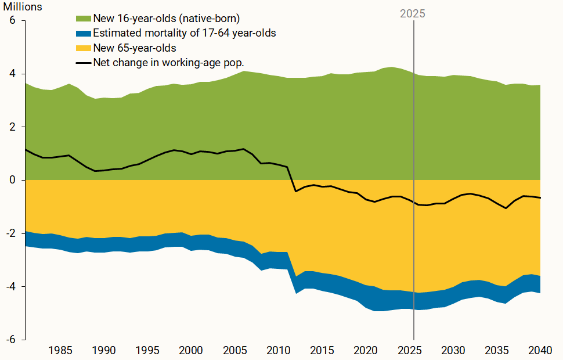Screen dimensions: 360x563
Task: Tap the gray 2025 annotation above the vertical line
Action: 413,14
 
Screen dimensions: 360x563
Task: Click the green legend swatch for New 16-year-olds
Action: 84,19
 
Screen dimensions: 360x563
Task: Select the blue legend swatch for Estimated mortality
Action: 84,33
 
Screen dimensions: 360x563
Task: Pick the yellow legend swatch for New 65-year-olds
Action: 84,48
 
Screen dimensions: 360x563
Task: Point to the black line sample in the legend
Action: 84,62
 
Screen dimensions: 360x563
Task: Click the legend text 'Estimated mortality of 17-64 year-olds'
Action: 184,33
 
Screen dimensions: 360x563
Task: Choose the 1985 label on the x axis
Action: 60,350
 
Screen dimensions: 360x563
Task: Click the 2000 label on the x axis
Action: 191,350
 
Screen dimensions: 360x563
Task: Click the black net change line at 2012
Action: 296,190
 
